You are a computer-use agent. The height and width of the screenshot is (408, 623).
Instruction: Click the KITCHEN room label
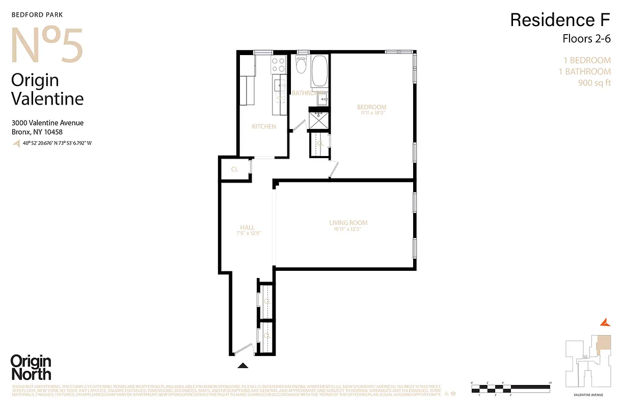click(264, 126)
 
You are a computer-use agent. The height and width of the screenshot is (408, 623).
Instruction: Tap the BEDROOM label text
click(372, 107)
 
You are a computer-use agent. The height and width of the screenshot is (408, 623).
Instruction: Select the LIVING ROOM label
click(348, 223)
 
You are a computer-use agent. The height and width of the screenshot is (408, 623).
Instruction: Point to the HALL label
click(248, 228)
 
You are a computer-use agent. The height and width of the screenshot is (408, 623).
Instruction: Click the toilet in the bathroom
click(301, 66)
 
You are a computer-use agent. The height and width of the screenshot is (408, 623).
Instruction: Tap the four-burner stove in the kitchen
click(278, 64)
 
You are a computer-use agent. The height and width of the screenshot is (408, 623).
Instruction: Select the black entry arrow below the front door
click(243, 365)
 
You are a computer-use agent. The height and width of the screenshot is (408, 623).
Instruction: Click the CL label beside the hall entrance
click(234, 169)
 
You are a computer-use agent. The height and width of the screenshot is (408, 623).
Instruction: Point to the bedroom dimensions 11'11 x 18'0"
click(372, 113)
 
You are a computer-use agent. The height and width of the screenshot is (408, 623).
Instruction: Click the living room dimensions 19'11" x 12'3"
click(348, 229)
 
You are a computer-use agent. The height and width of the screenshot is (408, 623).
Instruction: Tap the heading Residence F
click(560, 20)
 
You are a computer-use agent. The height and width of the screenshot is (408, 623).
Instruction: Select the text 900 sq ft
click(594, 83)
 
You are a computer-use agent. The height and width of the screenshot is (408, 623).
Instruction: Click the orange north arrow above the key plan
click(605, 322)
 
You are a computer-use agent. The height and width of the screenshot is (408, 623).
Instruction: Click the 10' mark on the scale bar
click(550, 382)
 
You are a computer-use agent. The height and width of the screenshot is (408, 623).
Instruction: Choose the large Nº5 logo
click(47, 46)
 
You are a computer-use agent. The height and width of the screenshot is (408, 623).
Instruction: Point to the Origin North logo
click(31, 367)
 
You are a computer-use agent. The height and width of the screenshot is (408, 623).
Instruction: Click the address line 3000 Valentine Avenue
click(47, 123)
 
